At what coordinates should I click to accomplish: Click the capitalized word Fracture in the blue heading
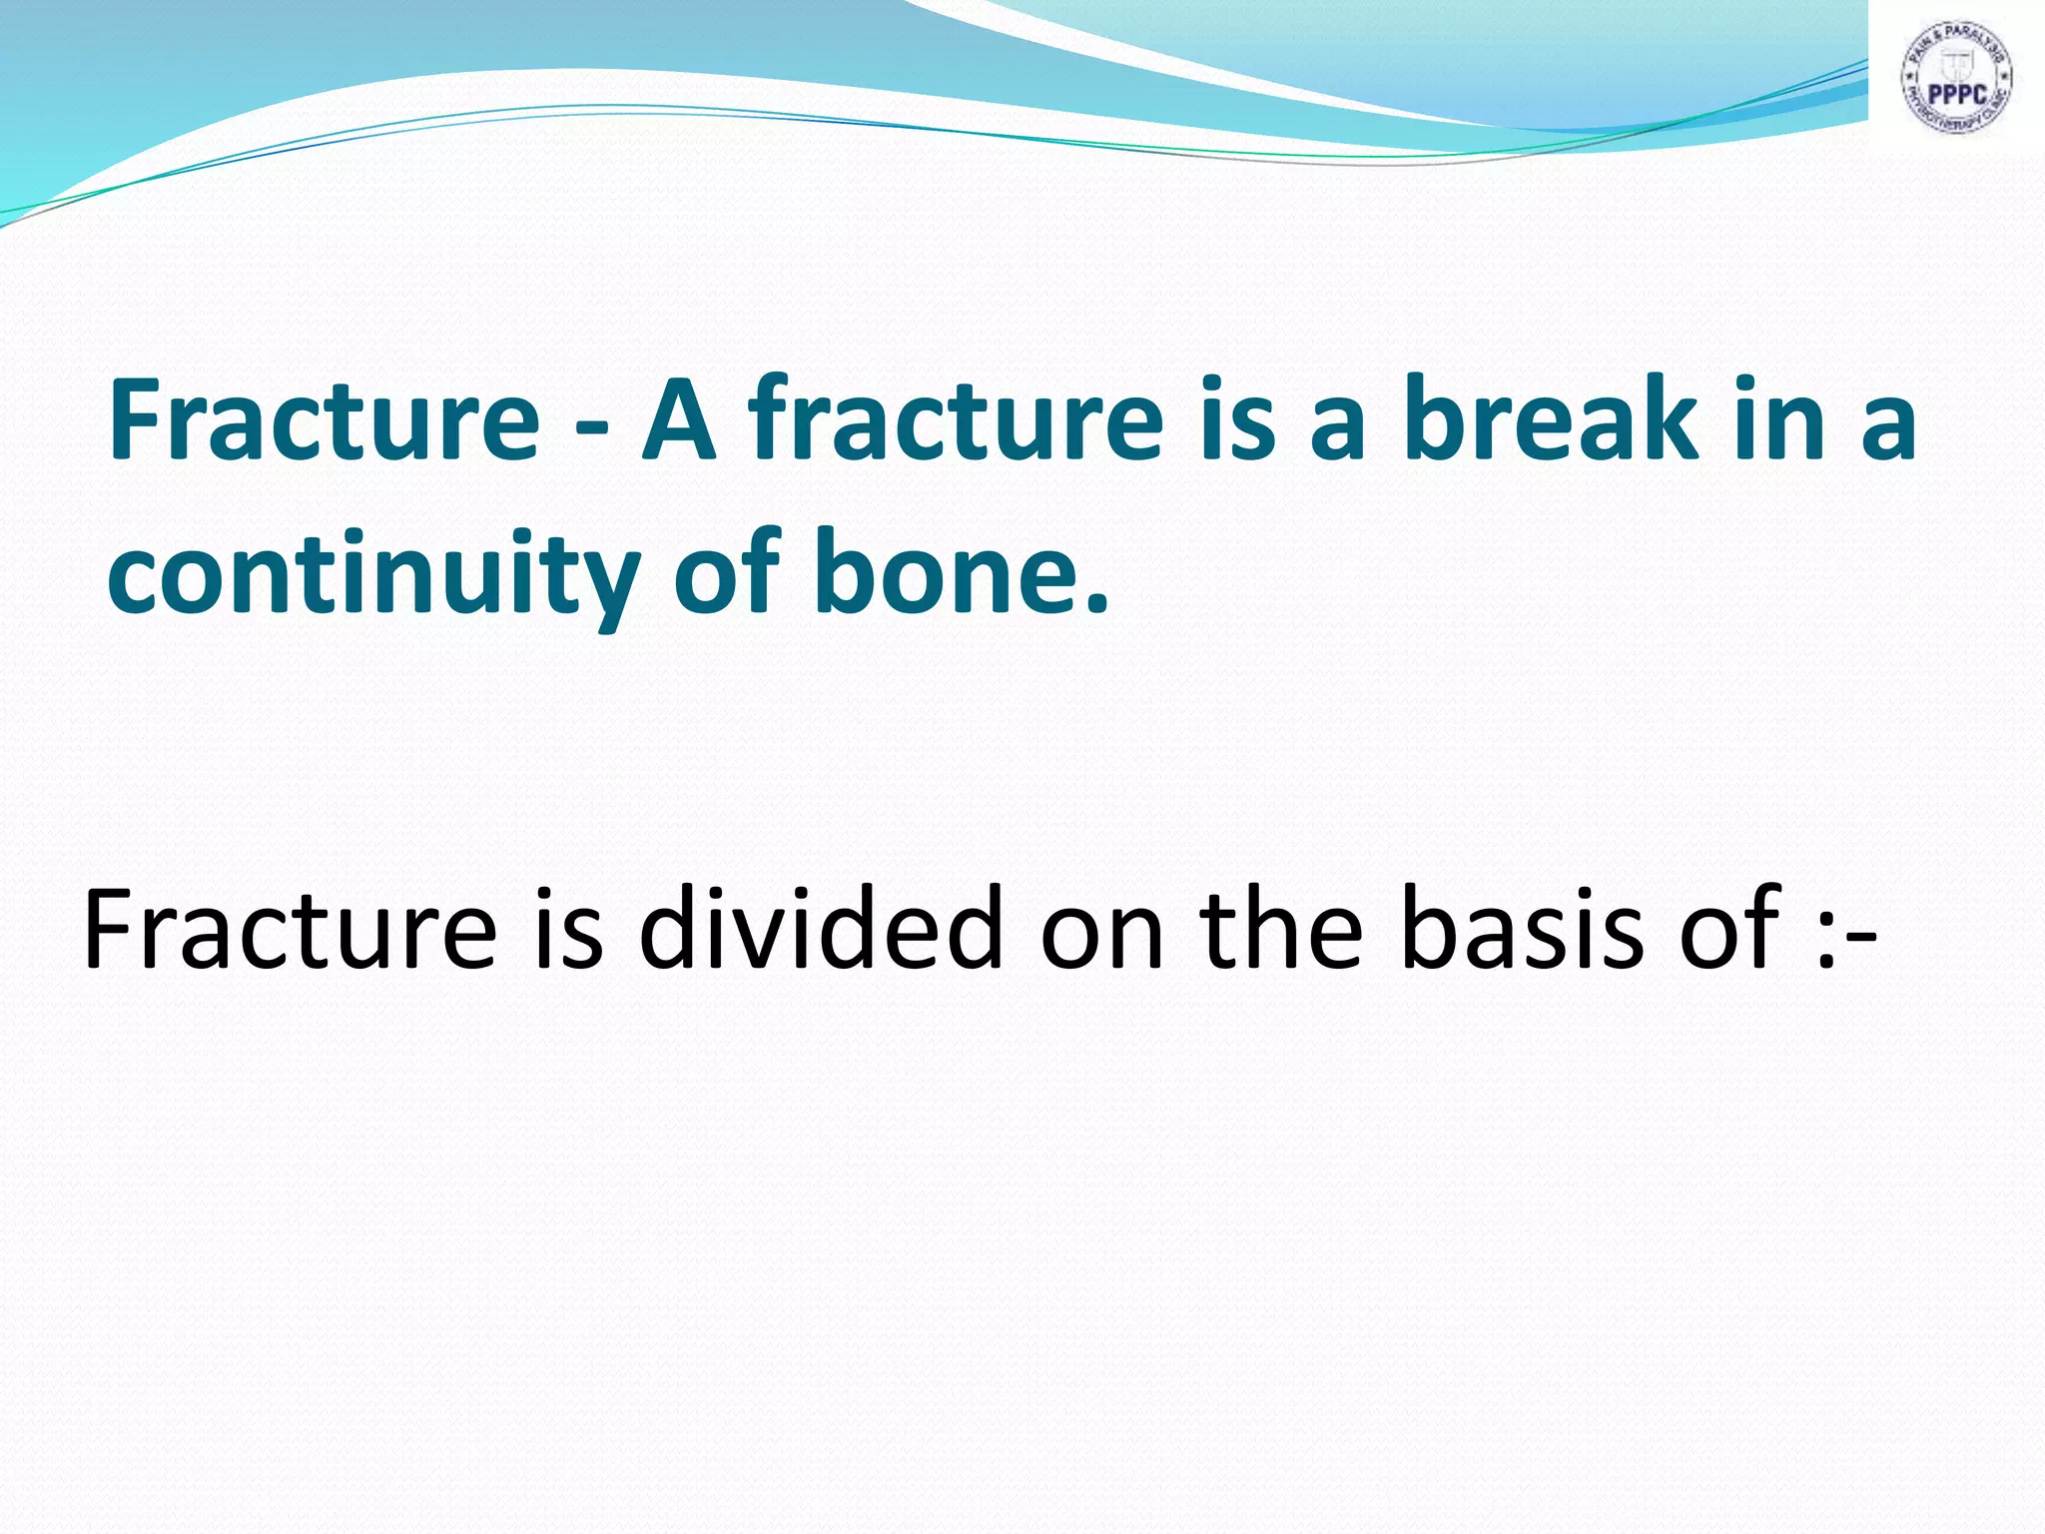(x=325, y=419)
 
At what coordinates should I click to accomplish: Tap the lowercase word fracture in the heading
(x=957, y=419)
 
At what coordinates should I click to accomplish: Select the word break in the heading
(x=1552, y=419)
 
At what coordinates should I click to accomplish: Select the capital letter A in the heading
(x=679, y=419)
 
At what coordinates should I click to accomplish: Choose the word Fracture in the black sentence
(x=291, y=929)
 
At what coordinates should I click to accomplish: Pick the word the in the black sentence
(x=1282, y=929)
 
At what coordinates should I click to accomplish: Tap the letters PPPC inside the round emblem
(x=1956, y=94)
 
